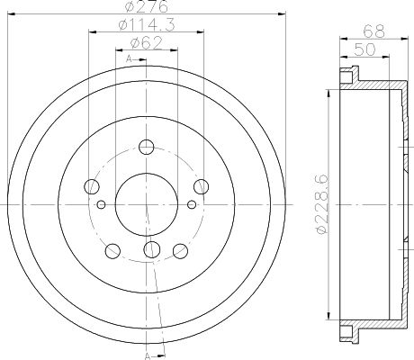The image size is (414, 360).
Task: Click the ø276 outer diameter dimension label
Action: point(148,9)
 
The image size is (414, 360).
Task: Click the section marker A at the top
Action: point(130,58)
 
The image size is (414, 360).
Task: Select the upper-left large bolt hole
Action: point(91,186)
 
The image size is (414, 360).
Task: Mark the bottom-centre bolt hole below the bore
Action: point(148,248)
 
